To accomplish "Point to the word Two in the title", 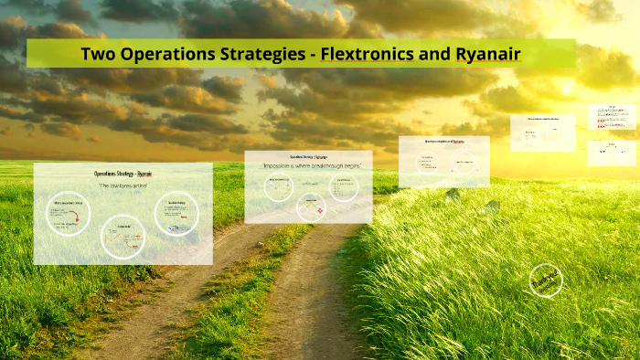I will click(98, 54).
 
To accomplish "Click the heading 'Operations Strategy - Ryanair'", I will click(123, 174).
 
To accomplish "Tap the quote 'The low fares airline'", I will click(123, 185).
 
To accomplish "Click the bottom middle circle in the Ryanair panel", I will click(124, 236).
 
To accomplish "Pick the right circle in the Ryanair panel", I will click(176, 214).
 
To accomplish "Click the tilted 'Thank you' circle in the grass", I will click(546, 281).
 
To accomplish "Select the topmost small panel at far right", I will click(612, 117).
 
